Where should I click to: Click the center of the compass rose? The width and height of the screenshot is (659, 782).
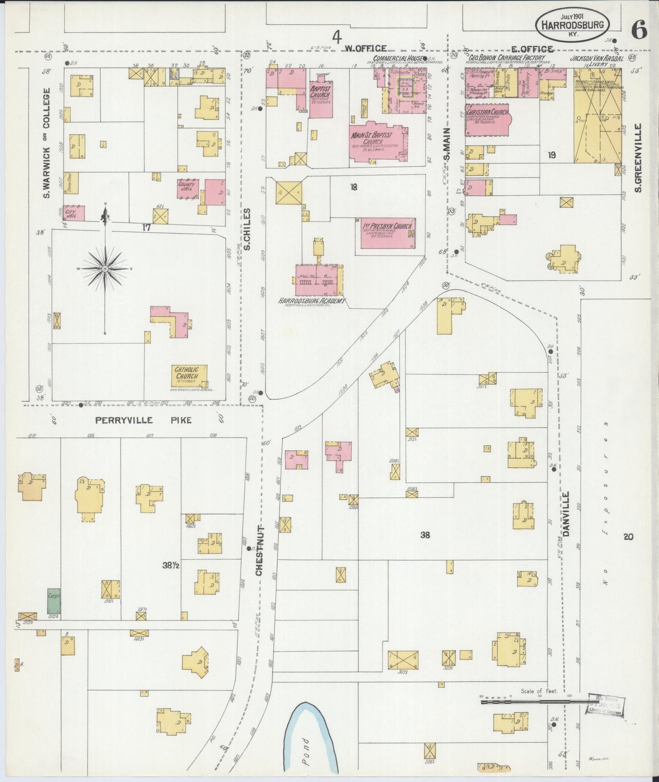(105, 269)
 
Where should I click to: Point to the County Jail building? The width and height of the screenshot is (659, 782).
(187, 189)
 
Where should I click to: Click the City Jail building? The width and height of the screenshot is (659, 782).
(73, 213)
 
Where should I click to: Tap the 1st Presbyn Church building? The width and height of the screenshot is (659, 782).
(388, 233)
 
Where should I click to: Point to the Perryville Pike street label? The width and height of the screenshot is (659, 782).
(144, 420)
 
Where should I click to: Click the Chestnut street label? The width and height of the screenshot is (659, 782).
(259, 549)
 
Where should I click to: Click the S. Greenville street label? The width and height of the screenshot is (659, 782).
(638, 157)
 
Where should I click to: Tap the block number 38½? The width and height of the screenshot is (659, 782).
(171, 565)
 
